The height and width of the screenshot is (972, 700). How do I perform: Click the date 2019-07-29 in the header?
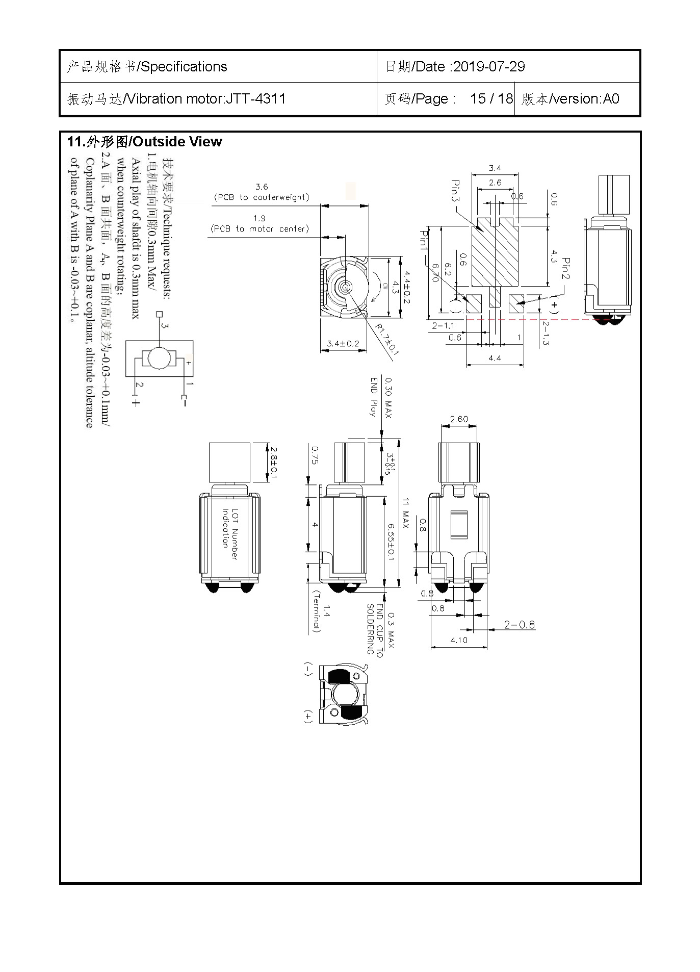tap(488, 67)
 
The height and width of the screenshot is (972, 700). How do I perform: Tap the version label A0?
tap(611, 98)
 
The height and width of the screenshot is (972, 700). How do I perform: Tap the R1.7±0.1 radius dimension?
tap(387, 339)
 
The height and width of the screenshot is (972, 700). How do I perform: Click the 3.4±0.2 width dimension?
tap(343, 344)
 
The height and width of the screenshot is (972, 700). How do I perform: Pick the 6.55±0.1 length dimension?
tap(391, 541)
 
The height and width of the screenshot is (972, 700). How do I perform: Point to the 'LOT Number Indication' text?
tap(229, 534)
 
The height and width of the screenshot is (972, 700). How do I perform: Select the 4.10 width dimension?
tap(459, 640)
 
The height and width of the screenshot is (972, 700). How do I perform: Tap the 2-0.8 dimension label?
tap(519, 625)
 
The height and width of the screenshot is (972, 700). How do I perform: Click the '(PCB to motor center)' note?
tap(260, 229)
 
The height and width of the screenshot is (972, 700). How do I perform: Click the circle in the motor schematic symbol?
tap(160, 359)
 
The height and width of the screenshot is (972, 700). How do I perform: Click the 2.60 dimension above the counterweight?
tap(459, 419)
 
